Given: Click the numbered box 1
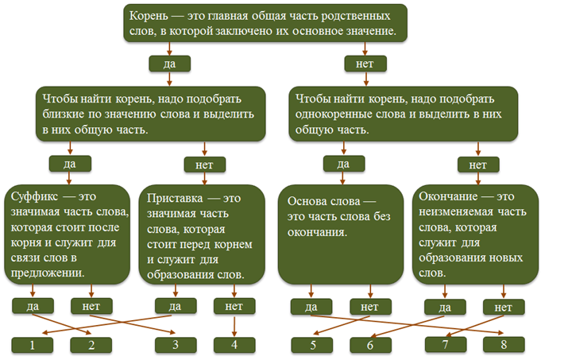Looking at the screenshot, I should [32, 344].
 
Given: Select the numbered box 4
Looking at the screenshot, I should [234, 344].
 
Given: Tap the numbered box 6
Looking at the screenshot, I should [370, 344].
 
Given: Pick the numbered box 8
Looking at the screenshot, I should [503, 344].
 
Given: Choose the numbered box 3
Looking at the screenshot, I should [176, 344].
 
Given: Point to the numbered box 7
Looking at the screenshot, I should [446, 344].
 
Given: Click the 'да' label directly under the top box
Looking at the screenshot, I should [169, 63].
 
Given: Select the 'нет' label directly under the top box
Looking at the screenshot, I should [365, 63].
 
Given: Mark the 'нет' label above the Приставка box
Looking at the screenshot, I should [204, 164].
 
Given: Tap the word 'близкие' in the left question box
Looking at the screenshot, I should [60, 114].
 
